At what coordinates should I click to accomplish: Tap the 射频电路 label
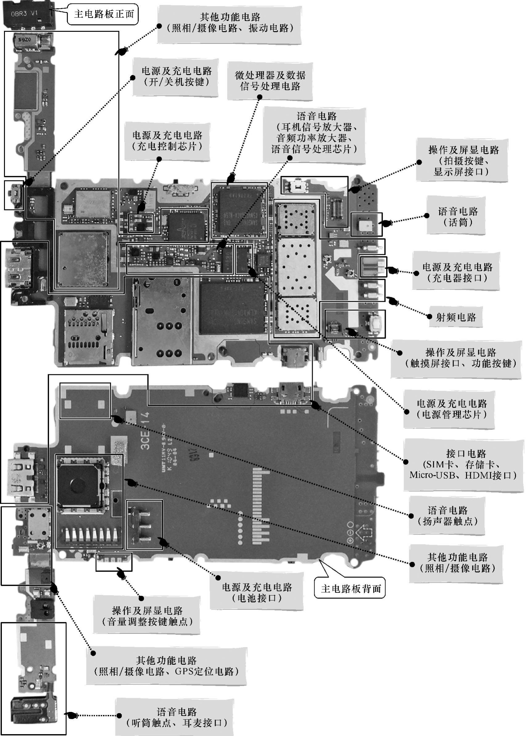(456, 317)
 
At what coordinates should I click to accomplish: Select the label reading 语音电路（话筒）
(458, 217)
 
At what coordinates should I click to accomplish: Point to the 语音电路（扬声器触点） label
(447, 516)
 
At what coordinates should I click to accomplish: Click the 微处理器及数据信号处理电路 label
(270, 81)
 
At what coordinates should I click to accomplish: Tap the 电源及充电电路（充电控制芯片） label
(167, 141)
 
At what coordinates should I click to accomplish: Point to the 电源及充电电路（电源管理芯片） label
(452, 409)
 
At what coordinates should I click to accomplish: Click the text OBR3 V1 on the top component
(24, 14)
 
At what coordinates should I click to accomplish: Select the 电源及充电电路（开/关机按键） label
(176, 76)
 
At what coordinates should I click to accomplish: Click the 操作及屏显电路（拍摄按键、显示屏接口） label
(463, 161)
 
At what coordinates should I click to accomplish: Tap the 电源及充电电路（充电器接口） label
(457, 272)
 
